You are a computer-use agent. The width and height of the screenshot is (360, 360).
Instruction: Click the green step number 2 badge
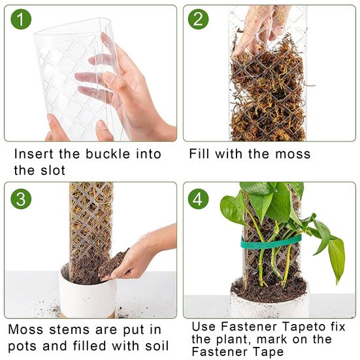point(199,20)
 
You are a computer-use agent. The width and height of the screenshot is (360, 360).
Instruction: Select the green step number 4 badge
point(199,197)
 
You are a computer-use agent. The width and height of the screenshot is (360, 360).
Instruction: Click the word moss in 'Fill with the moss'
point(292,155)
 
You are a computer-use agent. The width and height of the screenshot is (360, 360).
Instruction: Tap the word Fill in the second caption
point(201,155)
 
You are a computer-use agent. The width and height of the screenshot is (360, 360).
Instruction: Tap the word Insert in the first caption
point(34,155)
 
